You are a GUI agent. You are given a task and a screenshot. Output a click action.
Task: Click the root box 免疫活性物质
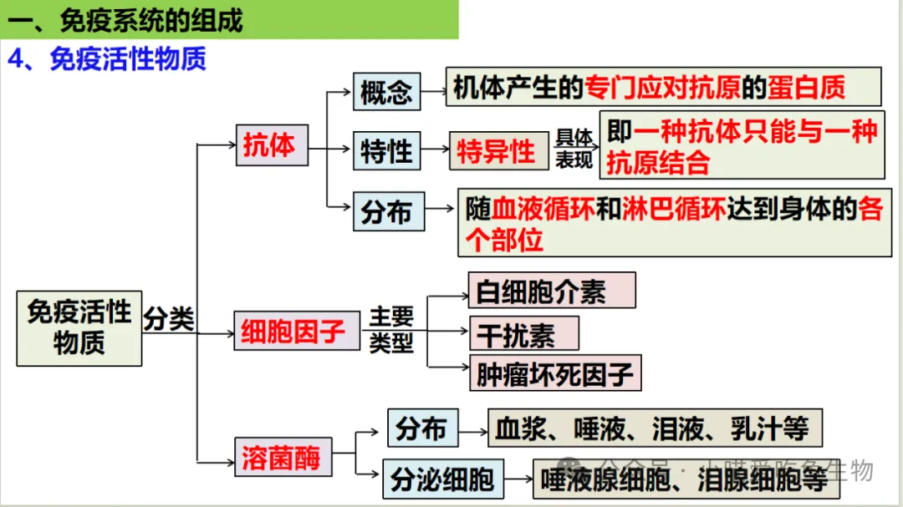[x=79, y=327]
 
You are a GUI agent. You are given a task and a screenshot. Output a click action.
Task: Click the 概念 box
[x=386, y=91]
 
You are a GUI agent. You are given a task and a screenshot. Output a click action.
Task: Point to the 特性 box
[x=386, y=151]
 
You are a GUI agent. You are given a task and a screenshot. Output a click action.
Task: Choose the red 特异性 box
[x=497, y=151]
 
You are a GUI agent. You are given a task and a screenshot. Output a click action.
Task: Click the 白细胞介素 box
[x=551, y=291]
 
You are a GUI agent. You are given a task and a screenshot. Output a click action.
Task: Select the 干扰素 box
[x=523, y=333]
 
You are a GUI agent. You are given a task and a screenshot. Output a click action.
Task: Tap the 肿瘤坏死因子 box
[x=554, y=373]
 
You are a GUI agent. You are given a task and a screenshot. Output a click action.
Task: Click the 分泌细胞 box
[x=443, y=479]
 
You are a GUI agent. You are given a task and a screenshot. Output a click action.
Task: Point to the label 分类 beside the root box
[x=169, y=319]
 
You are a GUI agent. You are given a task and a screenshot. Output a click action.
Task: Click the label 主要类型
[x=391, y=330]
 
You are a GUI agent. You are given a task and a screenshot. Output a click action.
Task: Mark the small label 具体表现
[x=574, y=149]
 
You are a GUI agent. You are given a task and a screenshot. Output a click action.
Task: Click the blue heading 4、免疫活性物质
[x=107, y=59]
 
